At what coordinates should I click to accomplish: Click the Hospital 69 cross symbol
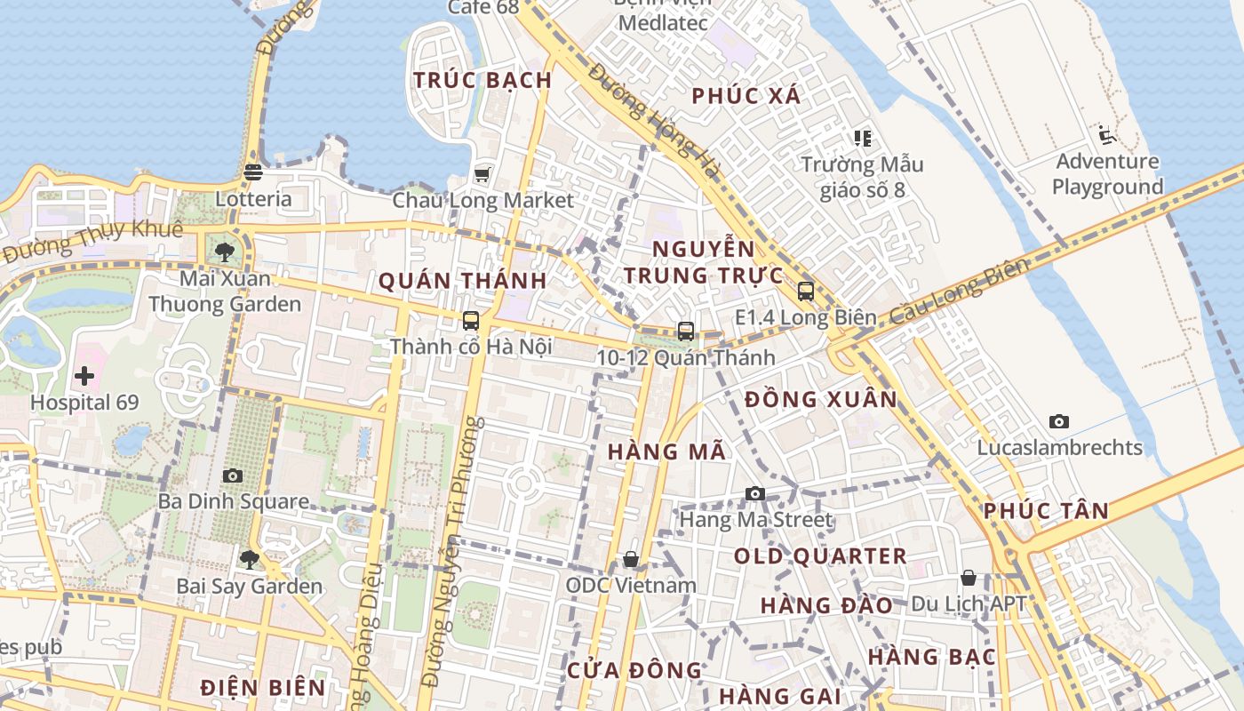pos(84,376)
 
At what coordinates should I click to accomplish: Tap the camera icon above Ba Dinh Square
pos(233,475)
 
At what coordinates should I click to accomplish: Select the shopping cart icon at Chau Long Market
pos(482,173)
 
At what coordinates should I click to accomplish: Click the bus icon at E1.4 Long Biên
pos(806,291)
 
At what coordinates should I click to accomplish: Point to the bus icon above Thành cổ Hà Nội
pos(471,321)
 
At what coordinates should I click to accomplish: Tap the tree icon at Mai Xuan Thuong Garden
pos(225,252)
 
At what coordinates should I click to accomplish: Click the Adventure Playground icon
pos(1106,135)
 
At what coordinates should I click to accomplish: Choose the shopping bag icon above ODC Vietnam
pos(631,559)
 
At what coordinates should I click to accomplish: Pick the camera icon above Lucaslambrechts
pos(1059,421)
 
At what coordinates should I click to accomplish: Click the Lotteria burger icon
pos(253,172)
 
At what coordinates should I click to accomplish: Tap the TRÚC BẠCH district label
pos(482,80)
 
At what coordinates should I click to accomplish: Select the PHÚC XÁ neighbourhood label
pos(746,96)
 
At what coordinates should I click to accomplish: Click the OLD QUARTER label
pos(820,557)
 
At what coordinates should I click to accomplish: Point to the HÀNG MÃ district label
pos(666,451)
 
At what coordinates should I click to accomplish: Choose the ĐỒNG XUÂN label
pos(821,400)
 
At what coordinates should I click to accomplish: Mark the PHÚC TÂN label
pos(1046,511)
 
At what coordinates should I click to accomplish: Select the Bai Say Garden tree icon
pos(250,559)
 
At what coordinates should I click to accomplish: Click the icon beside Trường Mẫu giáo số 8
pos(862,138)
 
